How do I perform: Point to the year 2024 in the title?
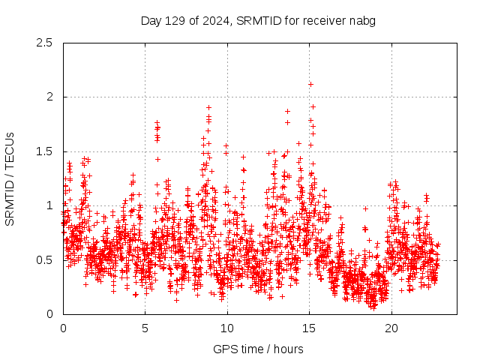pos(214,20)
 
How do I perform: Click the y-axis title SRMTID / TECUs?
pos(10,178)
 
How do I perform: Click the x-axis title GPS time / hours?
pos(258,349)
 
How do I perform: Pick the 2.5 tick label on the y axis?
pos(45,43)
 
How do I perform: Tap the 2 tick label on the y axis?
pos(49,97)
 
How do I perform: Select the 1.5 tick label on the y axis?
pos(45,151)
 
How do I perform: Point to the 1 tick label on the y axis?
pos(49,205)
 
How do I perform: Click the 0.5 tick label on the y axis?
pos(45,259)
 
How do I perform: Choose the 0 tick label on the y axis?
pos(49,314)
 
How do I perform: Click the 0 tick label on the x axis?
pos(63,328)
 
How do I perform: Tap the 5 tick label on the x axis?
pos(145,328)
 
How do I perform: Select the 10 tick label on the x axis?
pos(227,328)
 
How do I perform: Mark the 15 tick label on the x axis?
pos(309,328)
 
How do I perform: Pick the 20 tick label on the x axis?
pos(391,328)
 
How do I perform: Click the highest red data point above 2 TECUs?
pos(310,84)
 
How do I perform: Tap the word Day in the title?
pos(151,20)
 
